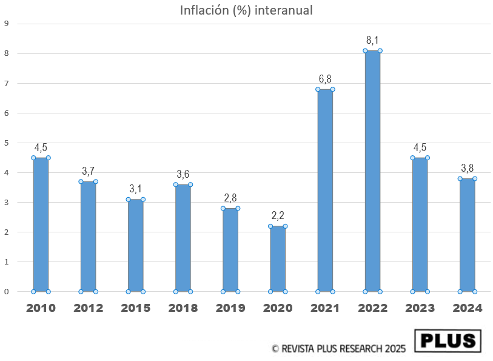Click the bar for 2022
coord(372,171)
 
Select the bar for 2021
coord(325,191)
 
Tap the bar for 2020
coord(278,258)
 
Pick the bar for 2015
coord(136,245)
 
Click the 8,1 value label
coord(372,40)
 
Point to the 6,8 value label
coord(325,79)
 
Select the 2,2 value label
coord(278,215)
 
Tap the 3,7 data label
coord(89,171)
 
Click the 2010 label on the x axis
coord(41,308)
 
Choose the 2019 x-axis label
coord(230,308)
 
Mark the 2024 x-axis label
coord(467,308)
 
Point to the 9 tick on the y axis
coord(6,24)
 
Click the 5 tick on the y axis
coord(6,143)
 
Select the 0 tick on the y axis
coord(6,291)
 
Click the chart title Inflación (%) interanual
coord(246,10)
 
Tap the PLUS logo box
coord(448,341)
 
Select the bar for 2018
coord(183,238)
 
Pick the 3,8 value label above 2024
coord(467,168)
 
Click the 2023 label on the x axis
coord(420,308)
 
